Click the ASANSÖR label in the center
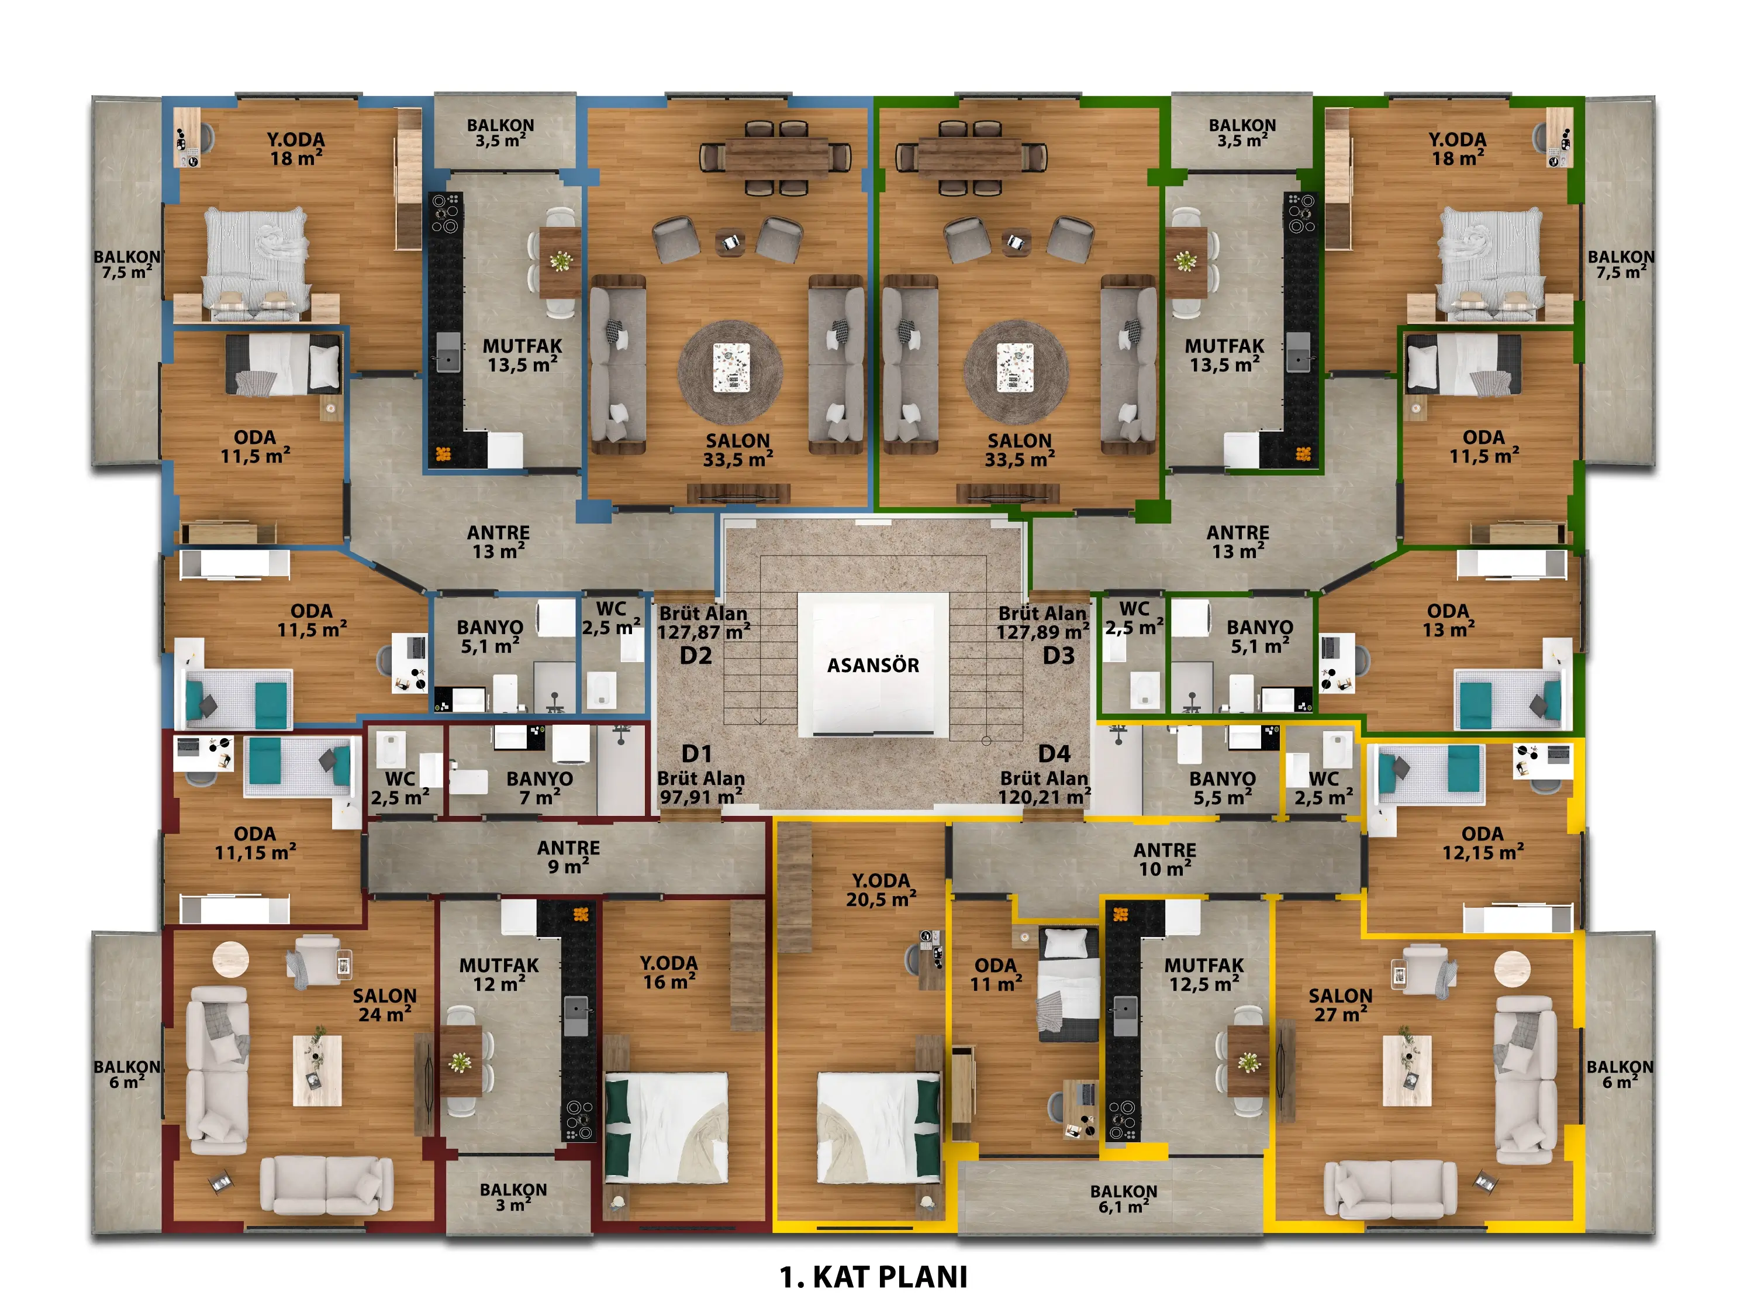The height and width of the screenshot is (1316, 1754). (x=873, y=665)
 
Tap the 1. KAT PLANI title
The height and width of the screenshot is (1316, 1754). (x=873, y=1277)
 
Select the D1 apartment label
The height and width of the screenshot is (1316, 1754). (x=697, y=753)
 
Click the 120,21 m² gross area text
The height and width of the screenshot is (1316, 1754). (x=1044, y=797)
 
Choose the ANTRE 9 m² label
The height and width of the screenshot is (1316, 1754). (x=568, y=857)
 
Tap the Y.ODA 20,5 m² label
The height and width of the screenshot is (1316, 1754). (x=881, y=890)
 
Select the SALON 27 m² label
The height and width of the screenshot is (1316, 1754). (x=1340, y=1005)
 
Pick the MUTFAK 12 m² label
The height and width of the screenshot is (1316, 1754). (x=499, y=975)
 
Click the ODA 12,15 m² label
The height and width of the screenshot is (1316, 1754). (x=1483, y=843)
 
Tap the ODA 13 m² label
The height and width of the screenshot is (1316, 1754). (x=1448, y=621)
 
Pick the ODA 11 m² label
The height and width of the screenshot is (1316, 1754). (x=996, y=975)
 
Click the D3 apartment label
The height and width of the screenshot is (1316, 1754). (x=1059, y=655)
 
